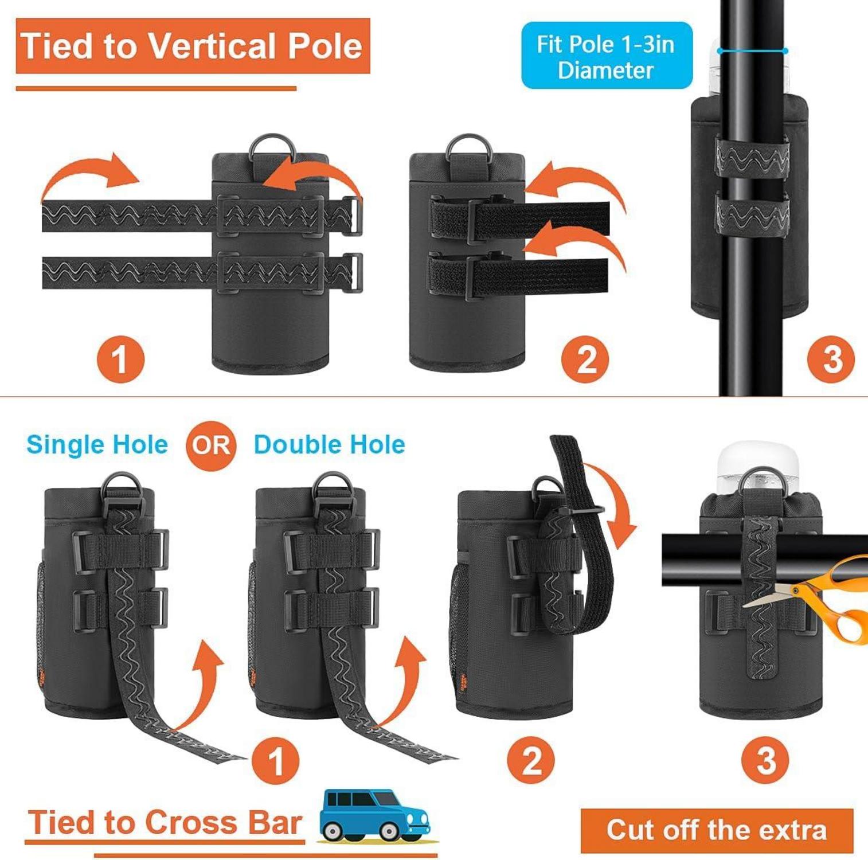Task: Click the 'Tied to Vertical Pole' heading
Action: pos(193,46)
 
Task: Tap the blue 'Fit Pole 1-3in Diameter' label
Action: pos(607,56)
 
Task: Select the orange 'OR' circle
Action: pos(211,445)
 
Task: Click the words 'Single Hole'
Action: pos(97,444)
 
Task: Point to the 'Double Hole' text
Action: pos(329,444)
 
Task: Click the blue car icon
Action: pos(375,815)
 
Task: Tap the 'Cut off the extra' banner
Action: pos(717,830)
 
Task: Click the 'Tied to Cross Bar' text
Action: pos(165,823)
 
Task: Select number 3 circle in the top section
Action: pos(831,359)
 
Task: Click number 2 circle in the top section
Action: pos(585,359)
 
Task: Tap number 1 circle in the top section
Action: pos(120,359)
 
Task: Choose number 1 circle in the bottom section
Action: pos(276,761)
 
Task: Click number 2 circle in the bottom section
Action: pos(531,761)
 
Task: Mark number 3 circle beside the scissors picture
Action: pos(765,761)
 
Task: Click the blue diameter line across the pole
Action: pos(753,51)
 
